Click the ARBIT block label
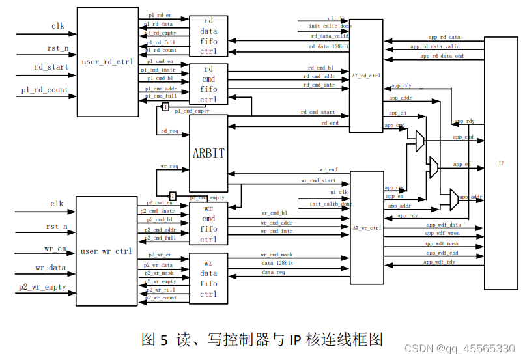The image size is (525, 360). pyautogui.click(x=208, y=154)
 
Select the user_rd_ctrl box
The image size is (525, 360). pyautogui.click(x=107, y=62)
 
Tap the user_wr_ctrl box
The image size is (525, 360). pyautogui.click(x=106, y=251)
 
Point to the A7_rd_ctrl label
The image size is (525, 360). pyautogui.click(x=366, y=76)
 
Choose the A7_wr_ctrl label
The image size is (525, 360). pyautogui.click(x=367, y=228)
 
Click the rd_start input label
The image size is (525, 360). pyautogui.click(x=51, y=67)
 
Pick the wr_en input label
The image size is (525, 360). pyautogui.click(x=55, y=248)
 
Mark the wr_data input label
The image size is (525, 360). pyautogui.click(x=51, y=268)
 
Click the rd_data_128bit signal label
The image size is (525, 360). pyautogui.click(x=329, y=46)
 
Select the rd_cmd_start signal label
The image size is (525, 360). pyautogui.click(x=318, y=112)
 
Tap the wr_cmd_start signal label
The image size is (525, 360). pyautogui.click(x=319, y=180)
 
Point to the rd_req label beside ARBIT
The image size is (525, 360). pyautogui.click(x=169, y=131)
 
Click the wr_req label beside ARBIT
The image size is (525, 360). pyautogui.click(x=169, y=167)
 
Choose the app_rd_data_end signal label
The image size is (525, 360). pyautogui.click(x=442, y=57)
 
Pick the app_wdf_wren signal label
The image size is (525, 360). pyautogui.click(x=442, y=233)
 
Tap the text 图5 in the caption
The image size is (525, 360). pyautogui.click(x=155, y=339)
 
